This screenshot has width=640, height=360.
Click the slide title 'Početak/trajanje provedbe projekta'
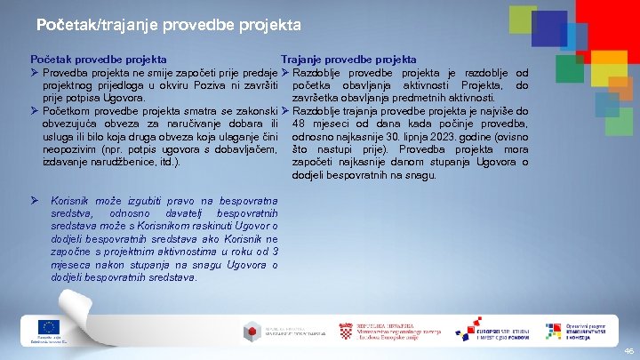point(169,25)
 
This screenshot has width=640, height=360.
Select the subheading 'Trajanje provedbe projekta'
point(348,60)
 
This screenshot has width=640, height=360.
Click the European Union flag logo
point(48,327)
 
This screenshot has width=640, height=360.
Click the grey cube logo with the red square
point(254,332)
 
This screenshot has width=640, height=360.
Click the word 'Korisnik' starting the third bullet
point(73,201)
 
